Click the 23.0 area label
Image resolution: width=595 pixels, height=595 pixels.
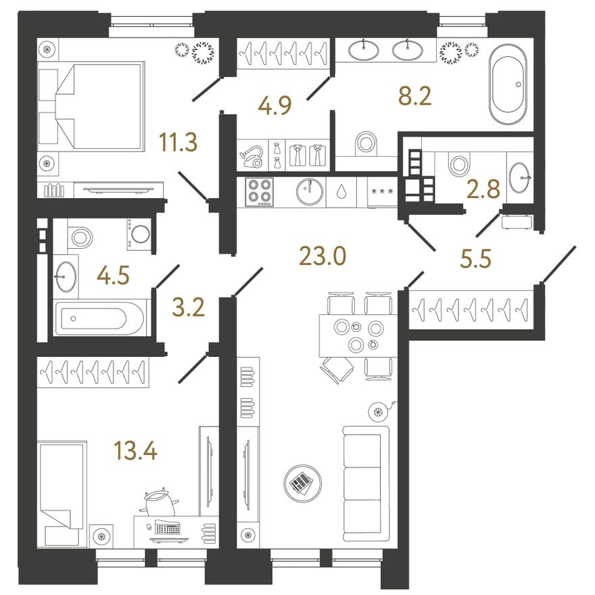[x=323, y=256]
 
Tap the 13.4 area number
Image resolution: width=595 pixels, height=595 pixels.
[x=135, y=451]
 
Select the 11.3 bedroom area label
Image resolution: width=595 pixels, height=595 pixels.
[x=178, y=142]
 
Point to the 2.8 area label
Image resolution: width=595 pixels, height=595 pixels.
[x=483, y=189]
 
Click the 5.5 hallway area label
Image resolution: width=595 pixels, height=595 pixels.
[x=475, y=259]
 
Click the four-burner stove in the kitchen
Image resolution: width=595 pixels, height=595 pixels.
[x=259, y=192]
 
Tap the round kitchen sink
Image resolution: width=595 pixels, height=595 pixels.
[x=310, y=191]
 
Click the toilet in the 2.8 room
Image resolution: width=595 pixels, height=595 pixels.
[x=459, y=164]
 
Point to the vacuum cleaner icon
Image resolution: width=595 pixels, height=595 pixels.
[x=252, y=157]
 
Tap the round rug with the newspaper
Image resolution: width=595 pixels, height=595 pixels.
[x=302, y=483]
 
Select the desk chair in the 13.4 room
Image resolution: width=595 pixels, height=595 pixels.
[x=160, y=502]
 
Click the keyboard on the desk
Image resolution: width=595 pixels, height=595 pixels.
[x=168, y=529]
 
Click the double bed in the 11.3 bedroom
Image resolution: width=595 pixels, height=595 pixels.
[x=91, y=106]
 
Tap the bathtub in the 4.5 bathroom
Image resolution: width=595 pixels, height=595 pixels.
[x=99, y=317]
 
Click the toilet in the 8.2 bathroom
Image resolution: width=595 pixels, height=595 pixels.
[x=366, y=143]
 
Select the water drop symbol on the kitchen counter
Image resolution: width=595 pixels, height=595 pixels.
[x=342, y=192]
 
